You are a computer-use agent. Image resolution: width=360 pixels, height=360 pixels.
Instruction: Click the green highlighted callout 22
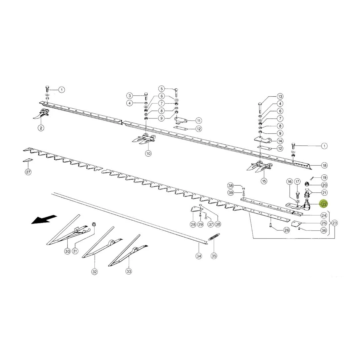click(324, 204)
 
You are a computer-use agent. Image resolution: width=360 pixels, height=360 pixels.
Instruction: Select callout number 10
click(148, 153)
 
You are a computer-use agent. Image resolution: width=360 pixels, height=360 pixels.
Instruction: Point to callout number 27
click(28, 172)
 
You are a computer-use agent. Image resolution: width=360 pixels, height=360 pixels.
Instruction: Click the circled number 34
click(199, 256)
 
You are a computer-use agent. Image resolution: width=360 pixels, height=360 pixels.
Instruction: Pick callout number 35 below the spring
click(214, 256)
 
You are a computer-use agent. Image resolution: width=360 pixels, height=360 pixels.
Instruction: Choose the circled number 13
click(280, 96)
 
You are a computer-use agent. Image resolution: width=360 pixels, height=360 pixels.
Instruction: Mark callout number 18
click(324, 165)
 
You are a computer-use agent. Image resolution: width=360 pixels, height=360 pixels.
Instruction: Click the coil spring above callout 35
click(214, 237)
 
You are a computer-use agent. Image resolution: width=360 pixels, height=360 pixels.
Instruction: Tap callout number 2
click(41, 128)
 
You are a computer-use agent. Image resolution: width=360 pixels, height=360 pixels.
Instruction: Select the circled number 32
click(95, 272)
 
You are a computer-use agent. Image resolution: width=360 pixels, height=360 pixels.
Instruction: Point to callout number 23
click(335, 223)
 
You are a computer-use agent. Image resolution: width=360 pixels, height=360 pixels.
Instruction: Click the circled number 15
click(264, 181)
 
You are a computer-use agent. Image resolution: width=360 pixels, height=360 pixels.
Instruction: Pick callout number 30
click(67, 251)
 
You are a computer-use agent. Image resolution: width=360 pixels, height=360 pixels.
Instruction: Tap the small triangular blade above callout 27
click(28, 160)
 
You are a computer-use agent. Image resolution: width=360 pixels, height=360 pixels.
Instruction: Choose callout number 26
click(287, 230)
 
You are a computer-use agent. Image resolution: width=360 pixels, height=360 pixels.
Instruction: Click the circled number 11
click(198, 121)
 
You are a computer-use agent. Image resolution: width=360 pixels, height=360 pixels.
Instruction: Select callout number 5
click(161, 89)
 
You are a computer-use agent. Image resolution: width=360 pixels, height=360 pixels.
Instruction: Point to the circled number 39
click(230, 192)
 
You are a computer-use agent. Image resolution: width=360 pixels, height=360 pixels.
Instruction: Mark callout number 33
click(129, 271)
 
